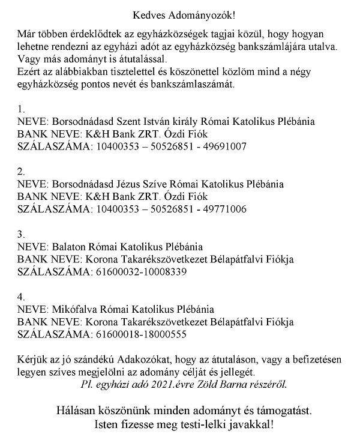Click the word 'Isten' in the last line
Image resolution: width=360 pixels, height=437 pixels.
point(100,426)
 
